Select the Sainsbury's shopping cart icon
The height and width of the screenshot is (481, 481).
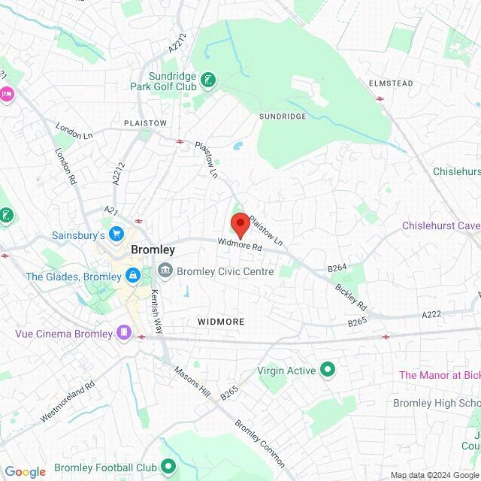(x=116, y=234)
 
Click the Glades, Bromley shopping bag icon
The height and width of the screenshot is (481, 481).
(x=132, y=276)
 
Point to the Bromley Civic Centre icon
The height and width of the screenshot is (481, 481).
(x=165, y=271)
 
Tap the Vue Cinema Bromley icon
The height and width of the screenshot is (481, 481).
(x=123, y=332)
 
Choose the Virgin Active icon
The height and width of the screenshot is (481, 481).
(x=328, y=369)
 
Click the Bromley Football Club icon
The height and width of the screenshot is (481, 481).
(x=168, y=466)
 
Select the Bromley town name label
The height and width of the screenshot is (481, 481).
(x=153, y=250)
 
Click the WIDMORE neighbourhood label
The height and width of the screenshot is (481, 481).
(x=221, y=321)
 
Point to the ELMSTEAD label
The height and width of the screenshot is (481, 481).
(x=391, y=83)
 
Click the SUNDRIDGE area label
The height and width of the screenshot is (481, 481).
(x=283, y=116)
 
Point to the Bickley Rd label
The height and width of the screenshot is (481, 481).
(x=351, y=297)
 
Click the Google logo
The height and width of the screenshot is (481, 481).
(x=25, y=471)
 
